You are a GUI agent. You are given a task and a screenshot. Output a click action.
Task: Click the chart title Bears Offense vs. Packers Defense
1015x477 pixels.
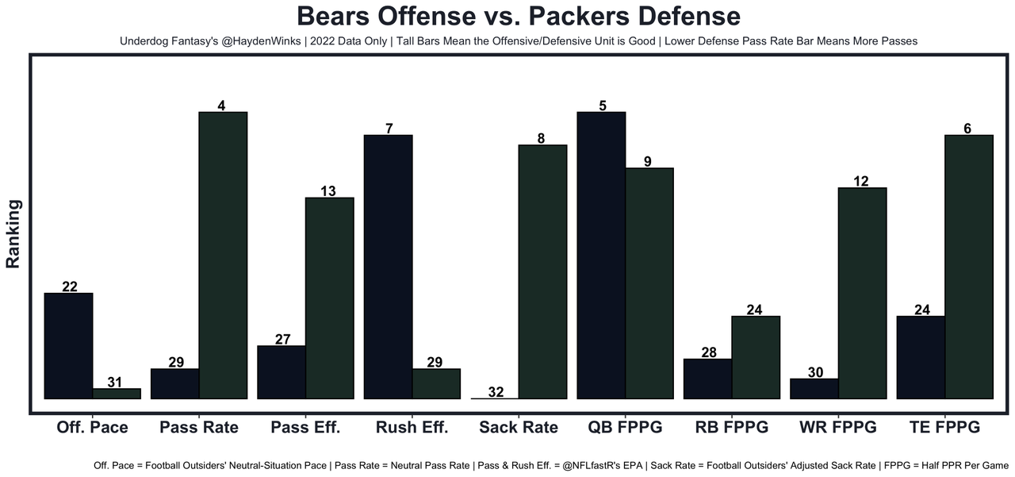519,17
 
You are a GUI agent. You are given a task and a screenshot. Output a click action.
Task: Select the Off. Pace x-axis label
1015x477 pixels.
93,427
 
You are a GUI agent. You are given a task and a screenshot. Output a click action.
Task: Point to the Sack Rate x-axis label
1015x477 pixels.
519,427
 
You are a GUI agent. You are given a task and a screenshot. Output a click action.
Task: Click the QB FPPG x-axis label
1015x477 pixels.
625,427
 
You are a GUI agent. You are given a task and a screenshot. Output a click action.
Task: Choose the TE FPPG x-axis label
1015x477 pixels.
944,427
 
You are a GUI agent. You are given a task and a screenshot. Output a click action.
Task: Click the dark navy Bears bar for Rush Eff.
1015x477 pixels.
389,267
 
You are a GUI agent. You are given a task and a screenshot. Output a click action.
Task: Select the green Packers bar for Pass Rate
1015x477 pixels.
223,255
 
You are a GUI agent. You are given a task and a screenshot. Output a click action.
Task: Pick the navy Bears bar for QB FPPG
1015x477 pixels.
601,255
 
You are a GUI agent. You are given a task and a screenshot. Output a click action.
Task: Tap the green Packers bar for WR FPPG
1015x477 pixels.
862,293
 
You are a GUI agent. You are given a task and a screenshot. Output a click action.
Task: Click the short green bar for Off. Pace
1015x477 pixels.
117,394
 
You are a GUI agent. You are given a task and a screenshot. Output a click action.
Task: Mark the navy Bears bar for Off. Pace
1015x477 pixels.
69,346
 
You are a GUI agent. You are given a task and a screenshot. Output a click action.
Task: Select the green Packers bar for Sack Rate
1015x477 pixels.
542,271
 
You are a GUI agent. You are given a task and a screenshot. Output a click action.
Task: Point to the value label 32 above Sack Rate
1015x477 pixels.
496,392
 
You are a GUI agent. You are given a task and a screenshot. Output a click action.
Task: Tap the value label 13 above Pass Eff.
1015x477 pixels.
328,191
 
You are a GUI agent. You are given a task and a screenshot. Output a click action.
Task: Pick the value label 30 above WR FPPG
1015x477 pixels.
815,372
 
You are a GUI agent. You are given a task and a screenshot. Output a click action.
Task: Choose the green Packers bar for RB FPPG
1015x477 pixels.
755,357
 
